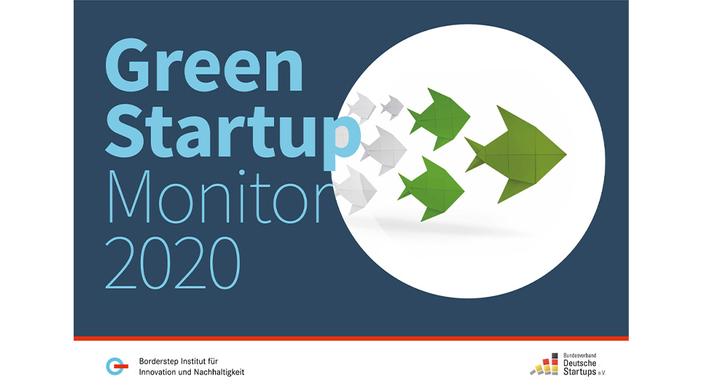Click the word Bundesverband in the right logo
[x=578, y=356]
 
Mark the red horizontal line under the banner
[x=350, y=339]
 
